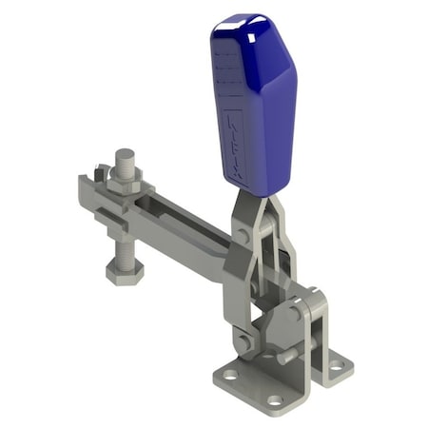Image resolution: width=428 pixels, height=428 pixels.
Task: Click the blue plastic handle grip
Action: click(x=255, y=105)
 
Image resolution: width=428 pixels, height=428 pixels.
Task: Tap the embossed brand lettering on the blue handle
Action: click(x=237, y=143)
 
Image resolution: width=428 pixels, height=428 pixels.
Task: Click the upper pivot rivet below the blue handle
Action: click(x=244, y=234)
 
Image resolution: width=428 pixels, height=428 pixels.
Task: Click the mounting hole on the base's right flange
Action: click(x=335, y=362)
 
